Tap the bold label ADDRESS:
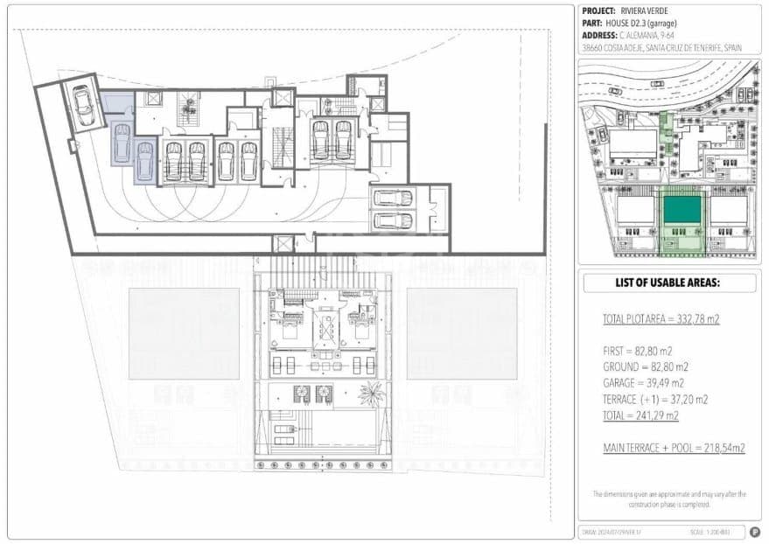click(x=599, y=36)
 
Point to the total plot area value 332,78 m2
click(x=692, y=320)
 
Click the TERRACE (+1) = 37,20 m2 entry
click(x=655, y=399)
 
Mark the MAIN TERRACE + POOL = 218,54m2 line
click(x=674, y=448)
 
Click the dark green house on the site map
click(x=682, y=210)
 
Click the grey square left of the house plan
click(x=184, y=334)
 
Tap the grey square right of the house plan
click(x=461, y=334)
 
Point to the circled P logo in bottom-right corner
click(x=753, y=531)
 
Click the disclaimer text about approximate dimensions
click(x=669, y=499)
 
